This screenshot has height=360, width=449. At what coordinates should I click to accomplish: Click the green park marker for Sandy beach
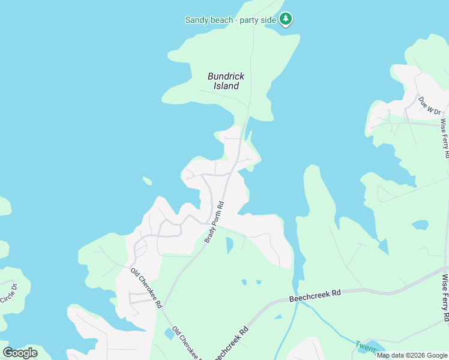pos(286,19)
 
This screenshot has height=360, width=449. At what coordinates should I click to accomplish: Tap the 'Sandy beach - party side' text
pos(231,20)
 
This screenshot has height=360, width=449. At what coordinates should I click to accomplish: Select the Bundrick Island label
pos(226,81)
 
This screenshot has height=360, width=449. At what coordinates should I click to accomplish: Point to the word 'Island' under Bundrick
pos(226,86)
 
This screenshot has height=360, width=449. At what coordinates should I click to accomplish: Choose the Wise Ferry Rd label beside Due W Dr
pos(444,137)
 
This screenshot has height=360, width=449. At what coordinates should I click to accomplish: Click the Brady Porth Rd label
pos(214,222)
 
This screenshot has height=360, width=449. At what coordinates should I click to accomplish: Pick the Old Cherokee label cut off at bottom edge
pos(187,343)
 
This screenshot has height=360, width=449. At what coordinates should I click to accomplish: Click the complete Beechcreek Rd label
pos(315,296)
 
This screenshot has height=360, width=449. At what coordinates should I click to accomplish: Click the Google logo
pos(20,353)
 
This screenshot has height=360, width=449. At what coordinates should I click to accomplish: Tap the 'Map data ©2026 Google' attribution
pos(412,355)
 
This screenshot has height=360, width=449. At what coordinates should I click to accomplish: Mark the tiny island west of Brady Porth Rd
pos(147,181)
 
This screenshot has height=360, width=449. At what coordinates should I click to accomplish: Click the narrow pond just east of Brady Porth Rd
pos(229,244)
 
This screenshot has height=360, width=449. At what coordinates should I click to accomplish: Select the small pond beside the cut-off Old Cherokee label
pos(169,334)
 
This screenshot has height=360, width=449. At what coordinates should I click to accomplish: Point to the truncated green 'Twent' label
pos(364,347)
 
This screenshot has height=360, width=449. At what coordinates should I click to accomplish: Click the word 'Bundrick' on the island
pos(226,76)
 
